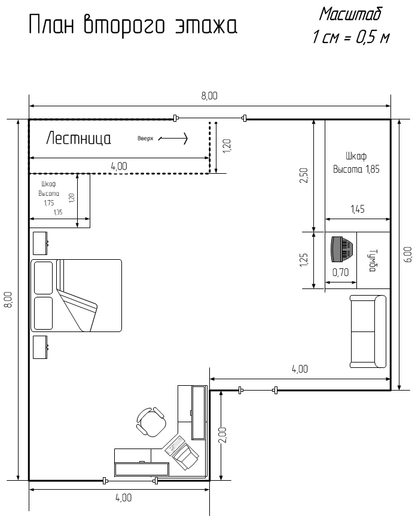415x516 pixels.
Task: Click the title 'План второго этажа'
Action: pos(133,25)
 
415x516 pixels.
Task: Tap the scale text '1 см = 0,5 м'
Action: pos(351,37)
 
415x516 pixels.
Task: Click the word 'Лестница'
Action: pos(78,138)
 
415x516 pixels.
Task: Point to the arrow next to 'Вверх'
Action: pos(173,139)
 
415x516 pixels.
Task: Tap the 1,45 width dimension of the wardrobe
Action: pos(358,209)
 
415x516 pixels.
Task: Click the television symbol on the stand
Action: pos(342,249)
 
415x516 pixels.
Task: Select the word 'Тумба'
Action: pos(373,260)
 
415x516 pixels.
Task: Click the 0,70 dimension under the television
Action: pos(340,272)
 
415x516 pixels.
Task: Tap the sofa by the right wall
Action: pos(368,331)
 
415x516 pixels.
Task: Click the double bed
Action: pos(76,296)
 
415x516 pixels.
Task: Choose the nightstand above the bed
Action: pos(40,243)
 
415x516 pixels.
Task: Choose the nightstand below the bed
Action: pos(40,347)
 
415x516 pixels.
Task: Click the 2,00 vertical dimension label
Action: pos(223,435)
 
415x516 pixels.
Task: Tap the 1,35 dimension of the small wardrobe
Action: pos(58,212)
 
